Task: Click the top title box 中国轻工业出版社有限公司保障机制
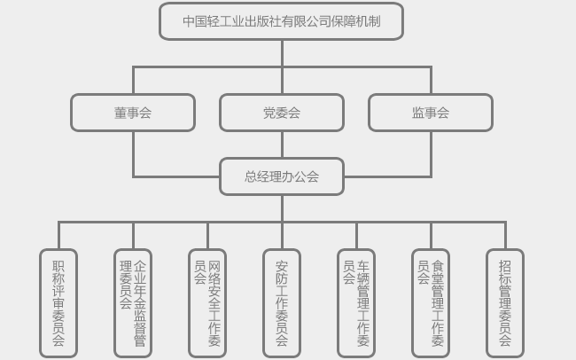(x=281, y=21)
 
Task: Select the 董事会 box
(x=133, y=113)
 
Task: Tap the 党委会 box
(x=281, y=113)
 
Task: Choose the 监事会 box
(x=430, y=113)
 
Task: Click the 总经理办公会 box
(x=281, y=176)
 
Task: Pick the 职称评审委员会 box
(x=58, y=302)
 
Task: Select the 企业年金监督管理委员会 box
(x=133, y=302)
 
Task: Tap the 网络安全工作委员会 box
(x=207, y=302)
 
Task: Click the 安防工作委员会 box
(x=282, y=302)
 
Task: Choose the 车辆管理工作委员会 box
(x=356, y=302)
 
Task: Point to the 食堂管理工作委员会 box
(x=431, y=302)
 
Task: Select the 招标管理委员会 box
(x=505, y=302)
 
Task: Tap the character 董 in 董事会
(x=121, y=113)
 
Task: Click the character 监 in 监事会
(x=417, y=113)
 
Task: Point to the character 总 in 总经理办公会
(x=251, y=176)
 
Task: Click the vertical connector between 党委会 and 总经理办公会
(x=282, y=145)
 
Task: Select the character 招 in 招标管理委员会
(x=505, y=266)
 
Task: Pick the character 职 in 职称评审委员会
(x=58, y=266)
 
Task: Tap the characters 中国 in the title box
(x=195, y=21)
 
